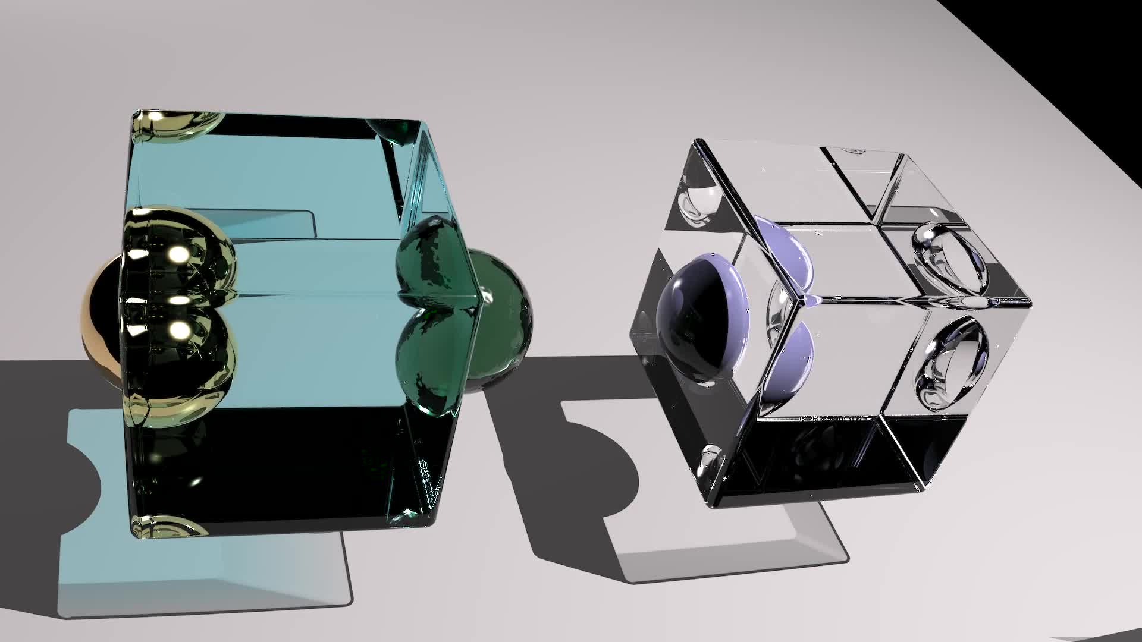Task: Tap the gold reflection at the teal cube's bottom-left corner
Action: (167, 526)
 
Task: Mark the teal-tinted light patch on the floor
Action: (202, 571)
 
